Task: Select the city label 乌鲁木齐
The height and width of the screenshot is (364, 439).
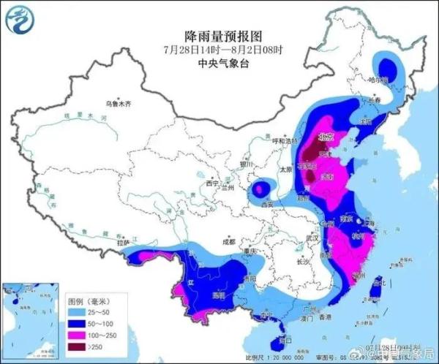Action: click(x=118, y=105)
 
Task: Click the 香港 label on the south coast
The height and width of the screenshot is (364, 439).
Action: click(x=322, y=316)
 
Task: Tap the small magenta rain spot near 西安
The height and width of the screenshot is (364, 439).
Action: click(x=259, y=190)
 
